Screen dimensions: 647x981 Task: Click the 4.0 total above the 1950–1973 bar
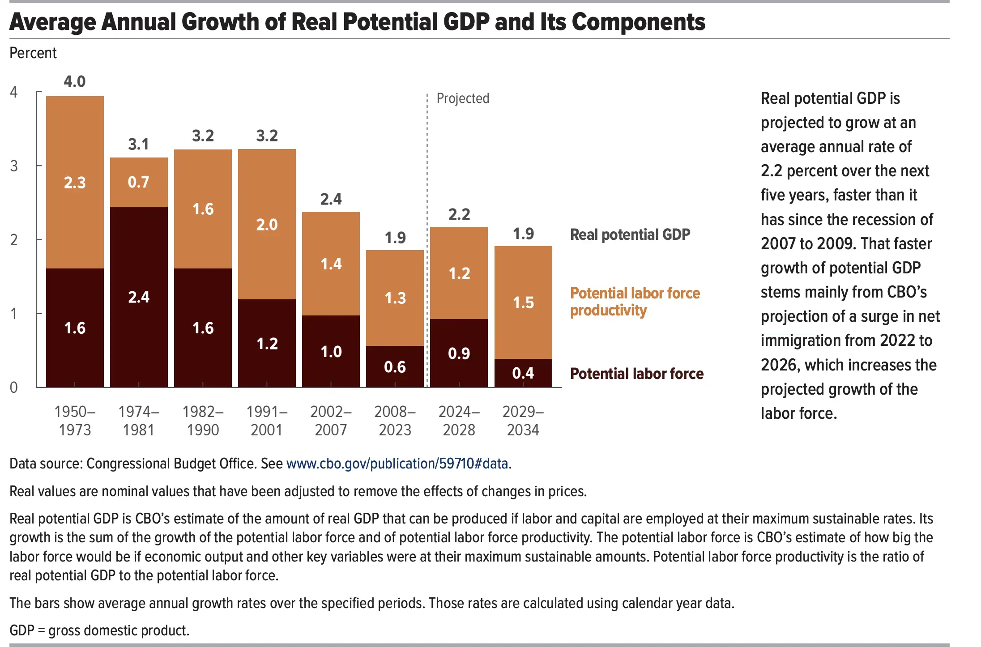tap(74, 81)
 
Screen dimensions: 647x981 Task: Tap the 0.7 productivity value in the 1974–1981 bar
tap(138, 182)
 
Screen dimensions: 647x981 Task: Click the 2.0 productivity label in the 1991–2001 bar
tap(267, 225)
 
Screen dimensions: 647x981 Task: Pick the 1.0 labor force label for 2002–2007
tap(331, 352)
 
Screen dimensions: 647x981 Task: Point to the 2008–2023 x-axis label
tap(395, 421)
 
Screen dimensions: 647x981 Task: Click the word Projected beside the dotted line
tap(463, 98)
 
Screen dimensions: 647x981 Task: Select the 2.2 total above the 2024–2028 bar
tap(459, 214)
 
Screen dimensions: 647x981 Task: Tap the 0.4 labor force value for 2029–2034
tap(523, 373)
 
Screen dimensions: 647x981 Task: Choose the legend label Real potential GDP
tap(630, 234)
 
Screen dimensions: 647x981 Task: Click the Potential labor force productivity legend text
tap(635, 302)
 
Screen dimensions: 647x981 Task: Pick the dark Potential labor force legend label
tap(636, 374)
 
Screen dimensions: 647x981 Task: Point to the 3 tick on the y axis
tap(14, 166)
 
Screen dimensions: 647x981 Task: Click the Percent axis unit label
tap(33, 53)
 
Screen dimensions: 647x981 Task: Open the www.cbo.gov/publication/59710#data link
tap(397, 464)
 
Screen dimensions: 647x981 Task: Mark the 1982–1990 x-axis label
tap(203, 421)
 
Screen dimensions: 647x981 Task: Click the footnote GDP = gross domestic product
tap(99, 630)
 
